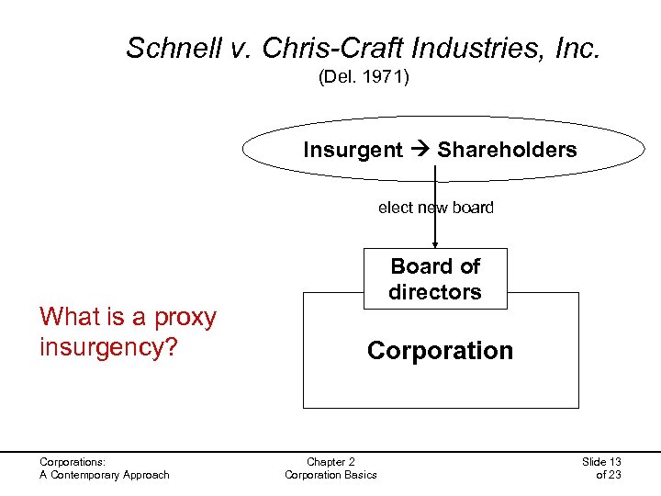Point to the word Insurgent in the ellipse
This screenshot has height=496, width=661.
click(x=353, y=150)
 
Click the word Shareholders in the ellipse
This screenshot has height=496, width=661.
click(x=507, y=150)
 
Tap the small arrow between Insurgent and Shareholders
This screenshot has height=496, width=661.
click(x=420, y=150)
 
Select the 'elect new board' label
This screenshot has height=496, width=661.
click(x=435, y=208)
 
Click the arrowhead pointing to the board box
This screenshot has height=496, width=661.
click(x=435, y=243)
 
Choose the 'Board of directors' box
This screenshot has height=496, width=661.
click(x=435, y=279)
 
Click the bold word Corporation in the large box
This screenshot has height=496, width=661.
click(x=440, y=351)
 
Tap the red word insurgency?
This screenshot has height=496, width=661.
click(x=107, y=348)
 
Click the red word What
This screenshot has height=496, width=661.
click(x=70, y=318)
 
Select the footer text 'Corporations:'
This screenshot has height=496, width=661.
click(x=73, y=462)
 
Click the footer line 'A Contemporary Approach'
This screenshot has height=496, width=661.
click(x=104, y=475)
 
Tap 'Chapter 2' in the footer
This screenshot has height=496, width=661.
click(x=330, y=462)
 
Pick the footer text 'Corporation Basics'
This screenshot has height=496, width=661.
click(x=330, y=475)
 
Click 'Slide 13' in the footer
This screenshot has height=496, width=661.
click(x=601, y=462)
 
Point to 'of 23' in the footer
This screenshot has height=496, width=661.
click(x=609, y=475)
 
